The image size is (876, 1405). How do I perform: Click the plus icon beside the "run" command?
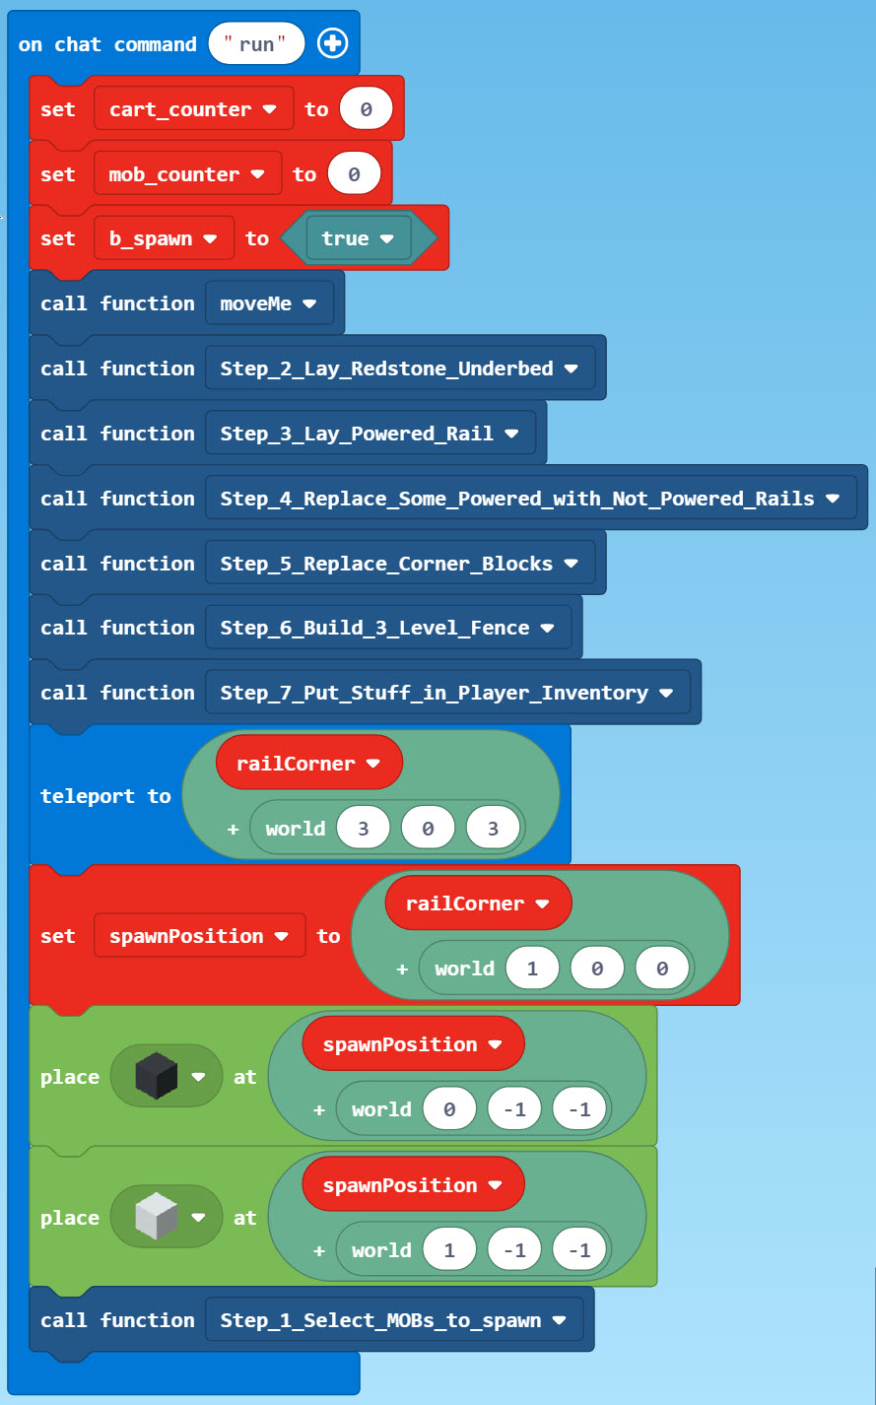(332, 43)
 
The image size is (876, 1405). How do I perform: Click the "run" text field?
(256, 44)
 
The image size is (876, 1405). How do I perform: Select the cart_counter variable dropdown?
(193, 109)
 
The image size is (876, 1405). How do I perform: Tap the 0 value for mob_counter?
(354, 174)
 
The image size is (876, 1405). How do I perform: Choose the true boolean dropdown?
(358, 238)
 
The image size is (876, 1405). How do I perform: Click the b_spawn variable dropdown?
(164, 238)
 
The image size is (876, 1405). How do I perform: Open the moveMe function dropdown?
(268, 303)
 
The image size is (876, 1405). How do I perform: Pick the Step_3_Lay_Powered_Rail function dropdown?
(370, 434)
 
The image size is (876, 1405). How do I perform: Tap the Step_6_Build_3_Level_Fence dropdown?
(387, 628)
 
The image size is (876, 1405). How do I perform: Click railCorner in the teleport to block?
(308, 764)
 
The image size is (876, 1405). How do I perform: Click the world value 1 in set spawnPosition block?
(532, 969)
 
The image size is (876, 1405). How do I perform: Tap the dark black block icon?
(156, 1076)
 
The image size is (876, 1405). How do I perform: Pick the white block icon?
(156, 1217)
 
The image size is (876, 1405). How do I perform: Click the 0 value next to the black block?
(449, 1109)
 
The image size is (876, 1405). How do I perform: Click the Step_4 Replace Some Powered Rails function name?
(517, 499)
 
